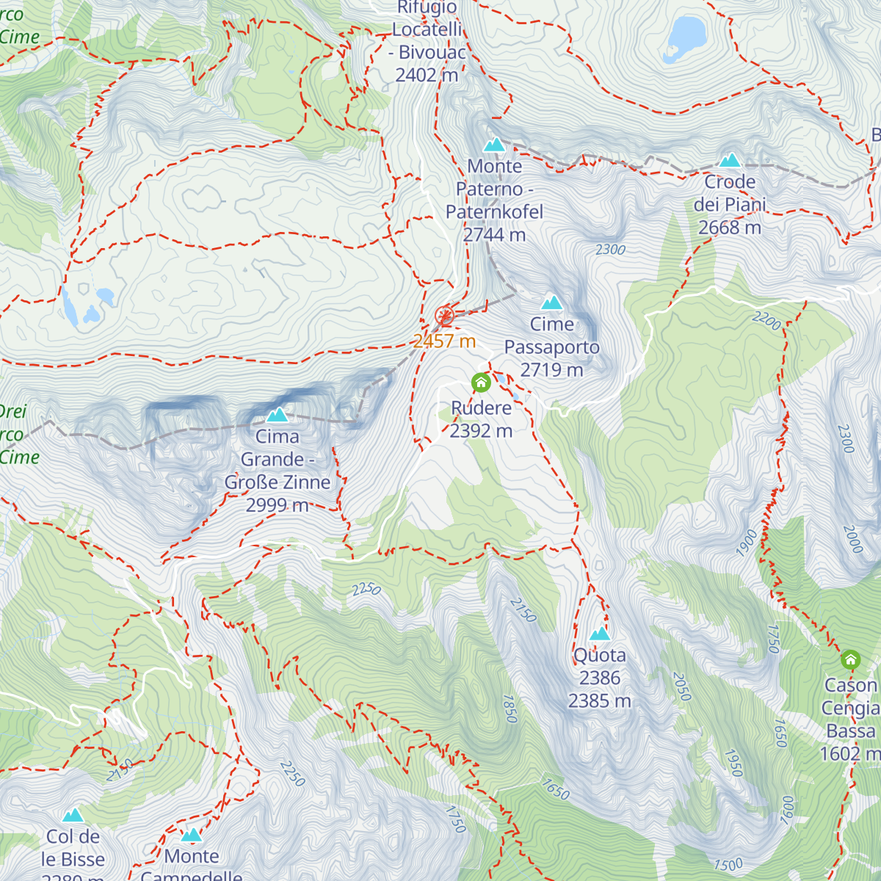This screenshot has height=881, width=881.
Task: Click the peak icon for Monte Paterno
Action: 494,144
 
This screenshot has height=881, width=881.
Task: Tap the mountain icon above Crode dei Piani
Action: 729,160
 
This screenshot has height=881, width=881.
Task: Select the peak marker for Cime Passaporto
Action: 551,302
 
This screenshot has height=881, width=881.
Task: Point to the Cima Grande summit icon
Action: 277,415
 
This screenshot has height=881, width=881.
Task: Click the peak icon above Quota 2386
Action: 600,634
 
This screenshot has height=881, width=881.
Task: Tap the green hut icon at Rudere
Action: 481,383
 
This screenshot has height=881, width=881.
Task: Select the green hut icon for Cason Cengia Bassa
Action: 850,659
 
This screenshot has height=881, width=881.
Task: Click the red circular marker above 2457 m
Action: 444,316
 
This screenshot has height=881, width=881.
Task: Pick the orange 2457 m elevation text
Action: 444,341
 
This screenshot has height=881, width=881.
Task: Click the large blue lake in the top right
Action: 686,36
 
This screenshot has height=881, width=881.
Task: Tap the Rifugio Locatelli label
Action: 428,29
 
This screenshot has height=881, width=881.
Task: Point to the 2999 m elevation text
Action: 278,505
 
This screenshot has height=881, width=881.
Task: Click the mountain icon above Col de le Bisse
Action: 73,815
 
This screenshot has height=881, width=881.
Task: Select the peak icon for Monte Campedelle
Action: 192,835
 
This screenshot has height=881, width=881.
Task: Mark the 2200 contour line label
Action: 766,321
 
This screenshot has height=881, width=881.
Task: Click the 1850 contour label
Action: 510,708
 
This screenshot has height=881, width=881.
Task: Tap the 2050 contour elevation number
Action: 682,687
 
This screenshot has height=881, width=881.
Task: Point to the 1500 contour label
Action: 728,865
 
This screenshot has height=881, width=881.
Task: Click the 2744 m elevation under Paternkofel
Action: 494,235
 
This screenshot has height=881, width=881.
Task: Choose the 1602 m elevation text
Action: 850,754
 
